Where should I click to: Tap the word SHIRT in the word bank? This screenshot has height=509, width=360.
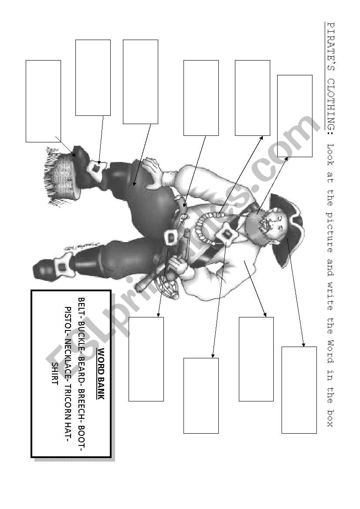(54, 374)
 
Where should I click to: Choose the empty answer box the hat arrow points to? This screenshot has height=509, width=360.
(299, 390)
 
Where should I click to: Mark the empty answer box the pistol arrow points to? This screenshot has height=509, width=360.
(146, 359)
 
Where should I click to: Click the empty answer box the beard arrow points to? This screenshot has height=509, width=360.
(295, 116)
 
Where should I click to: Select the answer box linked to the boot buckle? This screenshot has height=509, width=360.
(93, 78)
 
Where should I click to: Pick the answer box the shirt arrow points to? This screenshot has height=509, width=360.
(256, 359)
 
